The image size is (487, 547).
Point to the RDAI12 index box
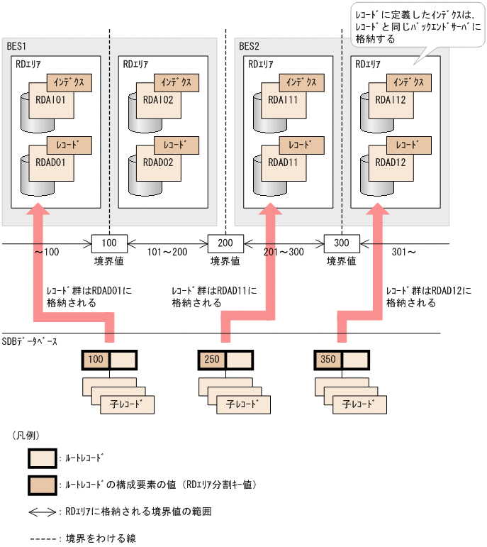(391, 100)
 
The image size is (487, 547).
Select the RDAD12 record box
(391, 162)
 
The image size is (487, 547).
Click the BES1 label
(16, 46)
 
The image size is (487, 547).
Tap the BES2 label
(249, 46)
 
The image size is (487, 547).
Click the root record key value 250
(212, 360)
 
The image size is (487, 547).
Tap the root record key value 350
(328, 360)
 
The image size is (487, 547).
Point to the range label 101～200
(167, 252)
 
